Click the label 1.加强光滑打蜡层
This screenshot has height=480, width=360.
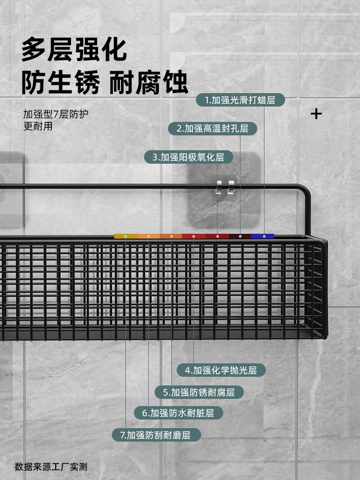click(x=240, y=100)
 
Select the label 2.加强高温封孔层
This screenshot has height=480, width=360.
click(x=213, y=129)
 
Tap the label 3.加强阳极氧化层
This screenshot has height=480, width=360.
click(x=189, y=157)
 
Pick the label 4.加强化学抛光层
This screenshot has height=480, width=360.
click(x=221, y=371)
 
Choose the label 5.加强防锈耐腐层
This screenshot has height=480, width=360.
click(x=199, y=393)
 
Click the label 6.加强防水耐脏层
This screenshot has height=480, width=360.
click(x=178, y=413)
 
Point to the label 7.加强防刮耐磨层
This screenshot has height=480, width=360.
click(x=156, y=435)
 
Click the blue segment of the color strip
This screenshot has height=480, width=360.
click(x=263, y=236)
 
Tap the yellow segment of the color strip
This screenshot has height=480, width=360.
click(x=126, y=236)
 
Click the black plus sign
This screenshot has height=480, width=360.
click(x=316, y=114)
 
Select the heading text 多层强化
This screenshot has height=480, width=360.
click(x=74, y=49)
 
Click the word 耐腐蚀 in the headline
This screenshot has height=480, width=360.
click(x=148, y=83)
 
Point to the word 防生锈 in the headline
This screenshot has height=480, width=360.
click(x=60, y=83)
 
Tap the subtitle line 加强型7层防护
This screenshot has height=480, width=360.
click(x=56, y=114)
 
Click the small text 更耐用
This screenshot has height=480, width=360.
click(x=38, y=126)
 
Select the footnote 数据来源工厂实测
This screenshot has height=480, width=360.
click(x=51, y=467)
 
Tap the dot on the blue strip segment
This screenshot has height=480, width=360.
click(x=264, y=236)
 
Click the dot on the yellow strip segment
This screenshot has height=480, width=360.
click(x=125, y=236)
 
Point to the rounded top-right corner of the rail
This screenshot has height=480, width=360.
click(x=304, y=189)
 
